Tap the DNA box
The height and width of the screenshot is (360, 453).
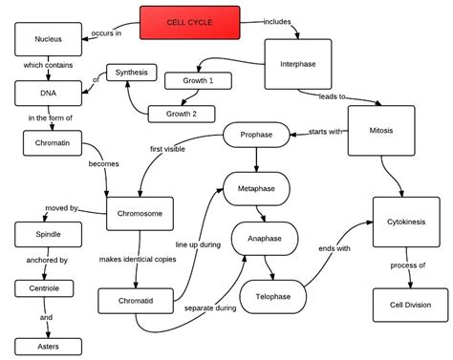point(46,93)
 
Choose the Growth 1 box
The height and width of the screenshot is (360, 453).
point(199,81)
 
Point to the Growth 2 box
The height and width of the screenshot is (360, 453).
point(182,113)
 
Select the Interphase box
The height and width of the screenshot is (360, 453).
point(297,63)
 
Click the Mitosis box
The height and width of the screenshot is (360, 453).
point(379,131)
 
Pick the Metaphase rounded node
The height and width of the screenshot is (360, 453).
point(255,189)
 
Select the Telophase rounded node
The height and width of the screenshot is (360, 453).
point(272,297)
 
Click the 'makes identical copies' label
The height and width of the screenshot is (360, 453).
point(139,260)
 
